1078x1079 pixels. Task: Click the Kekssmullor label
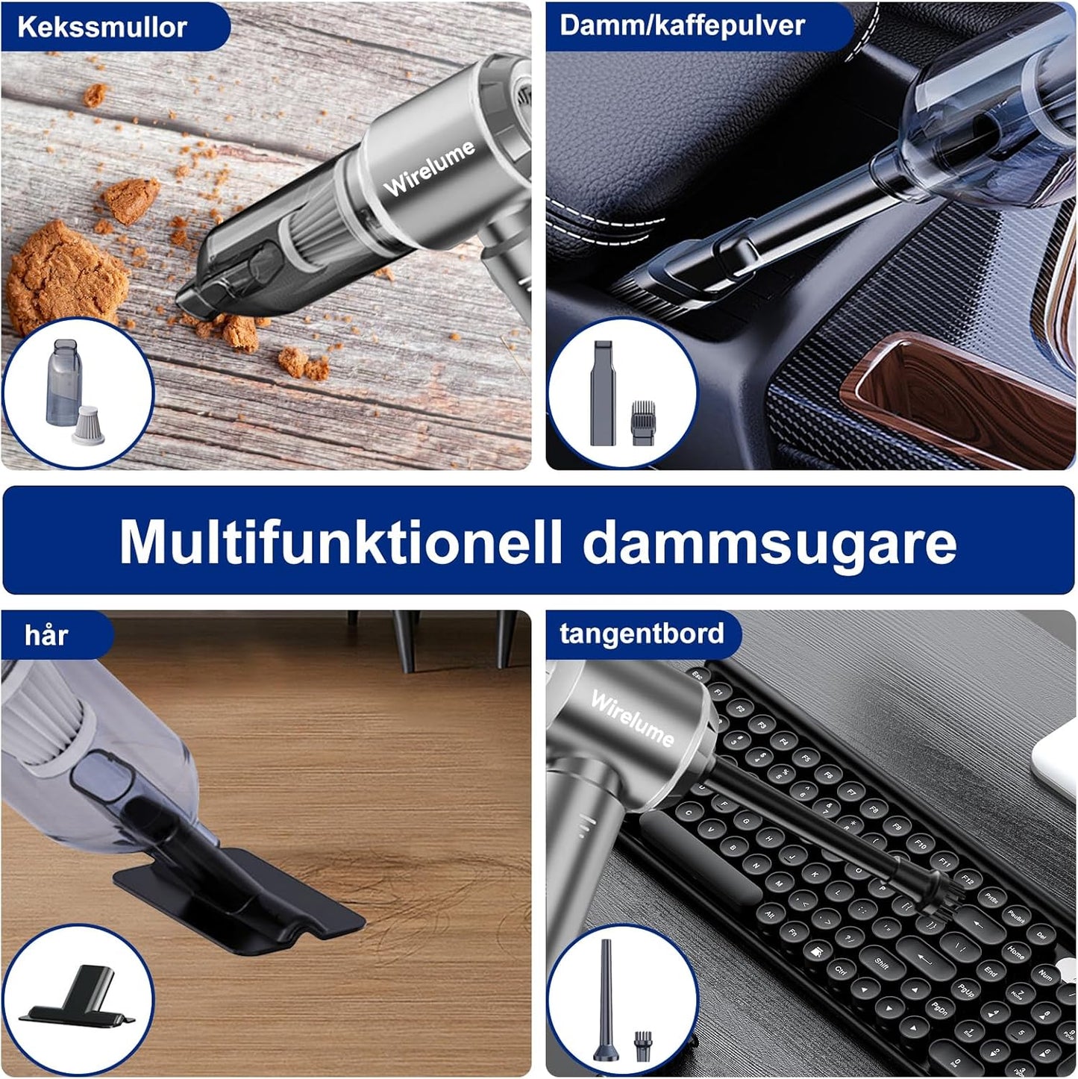(x=101, y=27)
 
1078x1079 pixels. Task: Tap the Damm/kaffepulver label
(x=682, y=25)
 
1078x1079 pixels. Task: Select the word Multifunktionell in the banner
(x=339, y=542)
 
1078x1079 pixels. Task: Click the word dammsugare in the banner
(x=769, y=543)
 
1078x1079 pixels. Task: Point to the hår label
(x=46, y=636)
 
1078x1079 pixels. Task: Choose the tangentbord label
(x=642, y=634)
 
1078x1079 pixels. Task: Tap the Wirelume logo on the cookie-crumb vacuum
(x=429, y=168)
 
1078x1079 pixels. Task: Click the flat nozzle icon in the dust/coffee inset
(x=603, y=393)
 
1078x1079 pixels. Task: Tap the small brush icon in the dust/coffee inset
(x=643, y=423)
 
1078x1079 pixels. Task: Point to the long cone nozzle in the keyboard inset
(x=605, y=1000)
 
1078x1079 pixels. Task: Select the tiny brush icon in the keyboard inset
(x=642, y=1045)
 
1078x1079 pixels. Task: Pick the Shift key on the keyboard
(x=881, y=963)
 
